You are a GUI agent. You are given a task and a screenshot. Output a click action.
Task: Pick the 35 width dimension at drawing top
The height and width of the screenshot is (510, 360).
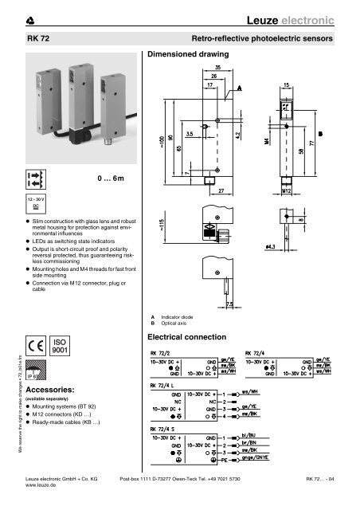pos(218,69)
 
